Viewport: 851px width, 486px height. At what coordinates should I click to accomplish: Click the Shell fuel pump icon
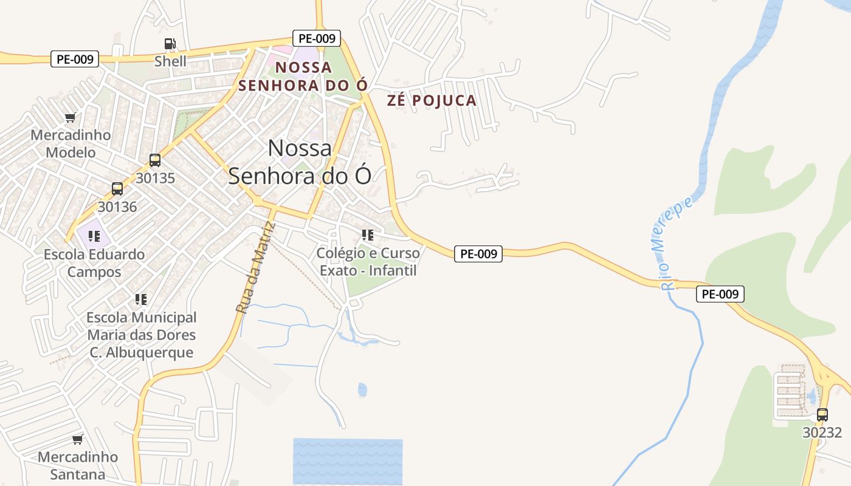coord(170,44)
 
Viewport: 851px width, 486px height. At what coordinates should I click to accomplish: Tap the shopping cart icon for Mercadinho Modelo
coord(71,117)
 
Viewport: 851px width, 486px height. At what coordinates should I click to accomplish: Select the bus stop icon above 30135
coord(155,160)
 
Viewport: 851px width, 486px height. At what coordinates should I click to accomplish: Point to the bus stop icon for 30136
coord(117,189)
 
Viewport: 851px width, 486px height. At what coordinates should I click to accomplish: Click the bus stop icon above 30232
coord(822,415)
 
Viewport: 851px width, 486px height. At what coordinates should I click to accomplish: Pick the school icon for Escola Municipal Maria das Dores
coord(141,299)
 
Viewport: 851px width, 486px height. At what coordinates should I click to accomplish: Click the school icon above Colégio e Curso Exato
coord(367,234)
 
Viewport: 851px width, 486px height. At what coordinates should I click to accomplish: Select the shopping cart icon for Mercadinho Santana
coord(77,439)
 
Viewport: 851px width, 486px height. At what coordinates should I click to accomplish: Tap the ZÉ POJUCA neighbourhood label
coord(432,101)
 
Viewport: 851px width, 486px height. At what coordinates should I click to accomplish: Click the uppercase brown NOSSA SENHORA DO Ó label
coord(303,76)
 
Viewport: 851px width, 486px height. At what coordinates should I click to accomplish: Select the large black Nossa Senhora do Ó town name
coord(300,162)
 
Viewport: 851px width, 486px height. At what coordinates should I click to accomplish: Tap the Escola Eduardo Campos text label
coord(94,263)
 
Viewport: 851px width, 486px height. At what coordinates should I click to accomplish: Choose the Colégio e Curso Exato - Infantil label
coord(368,262)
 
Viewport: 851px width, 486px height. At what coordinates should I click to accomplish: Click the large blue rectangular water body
coord(348,461)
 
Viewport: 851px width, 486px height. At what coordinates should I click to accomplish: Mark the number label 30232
coord(822,433)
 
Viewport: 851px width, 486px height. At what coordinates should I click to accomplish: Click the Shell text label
coord(170,61)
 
